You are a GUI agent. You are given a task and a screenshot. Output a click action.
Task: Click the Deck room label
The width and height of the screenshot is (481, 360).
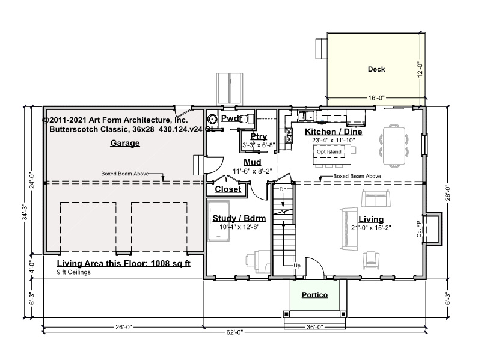click(x=376, y=69)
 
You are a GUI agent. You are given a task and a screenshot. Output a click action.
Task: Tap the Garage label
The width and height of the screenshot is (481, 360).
click(x=125, y=143)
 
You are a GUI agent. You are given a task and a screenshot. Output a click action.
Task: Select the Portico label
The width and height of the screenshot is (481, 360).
click(x=314, y=295)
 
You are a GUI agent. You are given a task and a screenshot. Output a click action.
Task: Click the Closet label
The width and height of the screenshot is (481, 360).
click(x=228, y=189)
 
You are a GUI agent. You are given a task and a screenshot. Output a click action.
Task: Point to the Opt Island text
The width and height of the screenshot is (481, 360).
click(x=329, y=151)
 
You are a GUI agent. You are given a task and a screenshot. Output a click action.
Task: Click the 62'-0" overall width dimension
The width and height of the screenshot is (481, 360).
click(x=234, y=332)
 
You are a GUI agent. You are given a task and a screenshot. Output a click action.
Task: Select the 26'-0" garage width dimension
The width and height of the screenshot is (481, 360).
click(x=124, y=327)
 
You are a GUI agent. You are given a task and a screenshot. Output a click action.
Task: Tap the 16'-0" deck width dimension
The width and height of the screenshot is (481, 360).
click(x=376, y=98)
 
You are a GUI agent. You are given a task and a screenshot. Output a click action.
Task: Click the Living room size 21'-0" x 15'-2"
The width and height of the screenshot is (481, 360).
click(x=371, y=228)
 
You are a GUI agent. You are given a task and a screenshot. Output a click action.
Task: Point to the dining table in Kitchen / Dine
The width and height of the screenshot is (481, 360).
click(x=394, y=146)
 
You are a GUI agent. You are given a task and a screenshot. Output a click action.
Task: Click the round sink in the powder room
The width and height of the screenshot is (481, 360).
click(x=212, y=118)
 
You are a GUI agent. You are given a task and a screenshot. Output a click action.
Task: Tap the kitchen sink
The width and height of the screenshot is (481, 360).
click(x=306, y=116)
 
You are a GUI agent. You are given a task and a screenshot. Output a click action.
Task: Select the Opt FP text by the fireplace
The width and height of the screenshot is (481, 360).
click(x=419, y=229)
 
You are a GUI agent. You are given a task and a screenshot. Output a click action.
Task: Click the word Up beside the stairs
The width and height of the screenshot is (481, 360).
click(x=297, y=266)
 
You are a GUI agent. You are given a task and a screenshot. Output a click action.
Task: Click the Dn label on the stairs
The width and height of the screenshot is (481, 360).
click(x=283, y=189)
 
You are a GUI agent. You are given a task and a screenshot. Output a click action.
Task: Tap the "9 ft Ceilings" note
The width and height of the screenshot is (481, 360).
click(x=73, y=272)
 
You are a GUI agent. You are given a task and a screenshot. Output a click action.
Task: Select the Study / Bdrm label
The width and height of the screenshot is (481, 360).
click(x=239, y=218)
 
